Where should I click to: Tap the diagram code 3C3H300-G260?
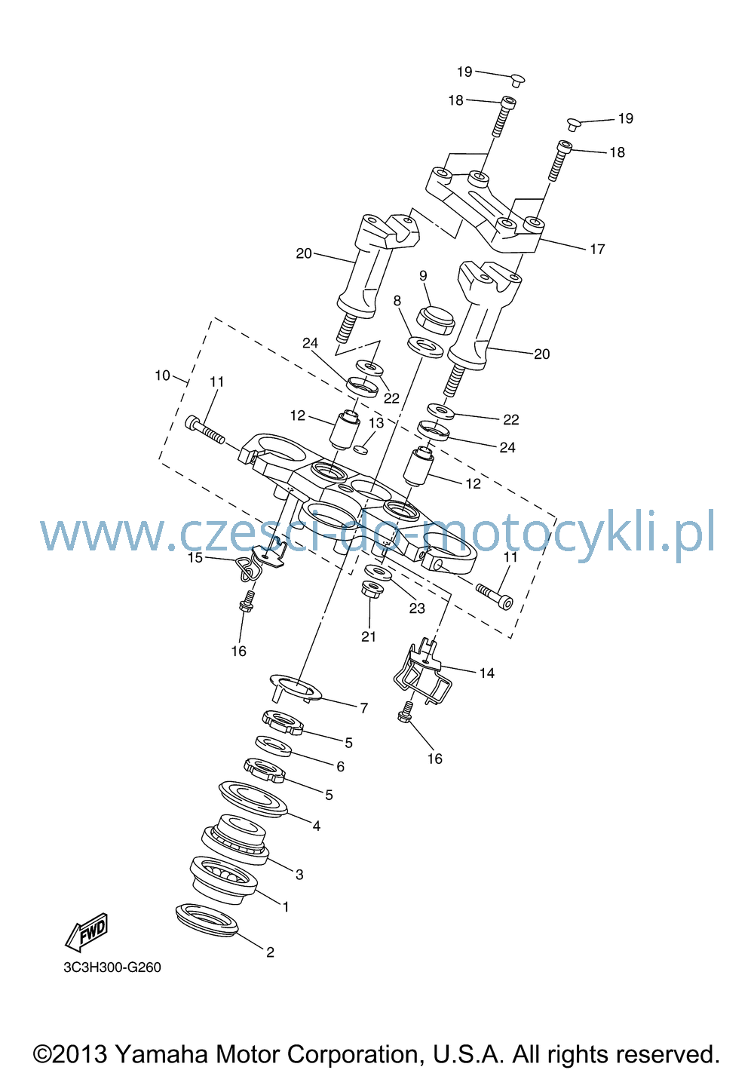pos(112,967)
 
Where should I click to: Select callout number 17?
pos(597,249)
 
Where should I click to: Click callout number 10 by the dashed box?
pos(162,375)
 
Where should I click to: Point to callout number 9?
pos(423,276)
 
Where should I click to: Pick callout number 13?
pos(376,423)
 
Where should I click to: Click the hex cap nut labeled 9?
pos(436,320)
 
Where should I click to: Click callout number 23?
pos(417,608)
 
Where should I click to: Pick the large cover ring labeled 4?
pos(253,799)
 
